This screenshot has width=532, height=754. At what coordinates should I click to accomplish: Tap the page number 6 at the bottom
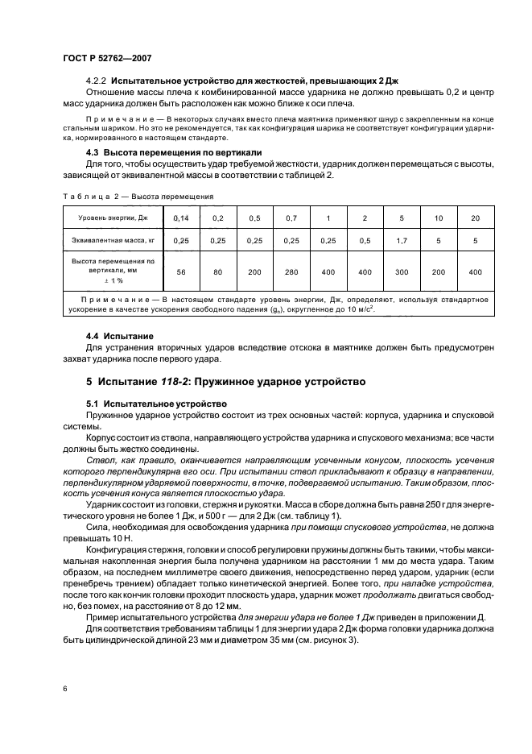click(64, 689)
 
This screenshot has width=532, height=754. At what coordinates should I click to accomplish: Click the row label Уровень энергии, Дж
click(112, 217)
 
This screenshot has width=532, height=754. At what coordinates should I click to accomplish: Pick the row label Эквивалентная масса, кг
click(112, 241)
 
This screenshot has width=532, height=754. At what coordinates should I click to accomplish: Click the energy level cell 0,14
click(180, 217)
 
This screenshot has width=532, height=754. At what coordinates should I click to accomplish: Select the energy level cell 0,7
click(291, 217)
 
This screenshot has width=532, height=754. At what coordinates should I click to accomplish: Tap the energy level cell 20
click(475, 217)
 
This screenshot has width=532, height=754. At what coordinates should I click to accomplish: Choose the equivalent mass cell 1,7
click(402, 241)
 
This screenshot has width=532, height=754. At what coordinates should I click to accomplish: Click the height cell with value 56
click(180, 272)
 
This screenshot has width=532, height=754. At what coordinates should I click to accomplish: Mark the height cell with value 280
click(291, 272)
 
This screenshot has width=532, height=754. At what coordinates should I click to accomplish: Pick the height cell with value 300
click(402, 272)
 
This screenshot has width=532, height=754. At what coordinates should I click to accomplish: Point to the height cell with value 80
click(217, 272)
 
